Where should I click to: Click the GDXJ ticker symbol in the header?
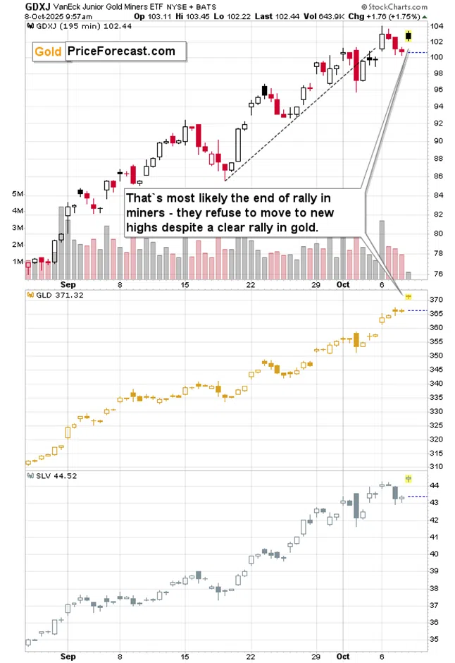pyautogui.click(x=15, y=6)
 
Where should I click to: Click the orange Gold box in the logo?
pyautogui.click(x=49, y=51)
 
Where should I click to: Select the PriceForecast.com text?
pyautogui.click(x=121, y=51)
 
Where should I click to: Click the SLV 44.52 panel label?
pyautogui.click(x=49, y=475)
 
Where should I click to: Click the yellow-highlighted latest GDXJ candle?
pyautogui.click(x=409, y=36)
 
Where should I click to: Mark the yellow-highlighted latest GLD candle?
pyautogui.click(x=409, y=296)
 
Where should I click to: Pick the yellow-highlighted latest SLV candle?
pyautogui.click(x=409, y=479)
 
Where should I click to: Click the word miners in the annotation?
pyautogui.click(x=146, y=212)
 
